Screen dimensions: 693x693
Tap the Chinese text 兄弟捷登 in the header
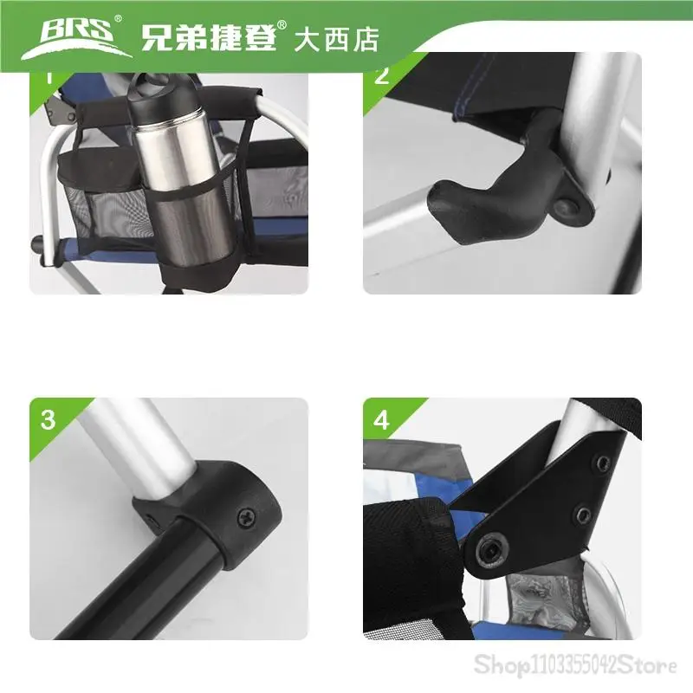coord(209,37)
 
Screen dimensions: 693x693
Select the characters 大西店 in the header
coord(336,40)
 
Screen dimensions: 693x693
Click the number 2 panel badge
coord(382,75)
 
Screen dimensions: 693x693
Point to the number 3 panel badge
coord(48,420)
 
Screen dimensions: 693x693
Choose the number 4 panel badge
coord(381,420)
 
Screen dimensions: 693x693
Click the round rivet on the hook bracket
coord(566,208)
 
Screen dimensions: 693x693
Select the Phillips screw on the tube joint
coord(246,517)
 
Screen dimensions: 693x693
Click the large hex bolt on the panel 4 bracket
coord(491,550)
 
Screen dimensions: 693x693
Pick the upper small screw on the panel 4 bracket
coord(603,463)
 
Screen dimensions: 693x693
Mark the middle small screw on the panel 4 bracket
coord(583,514)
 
